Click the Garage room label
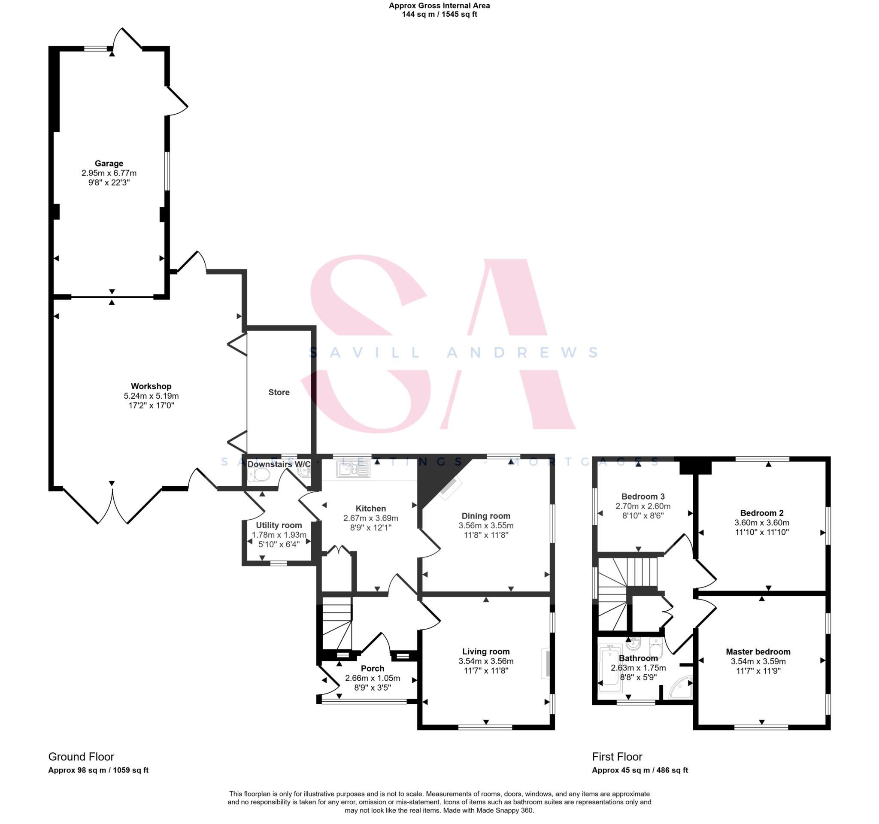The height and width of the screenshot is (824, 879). [109, 163]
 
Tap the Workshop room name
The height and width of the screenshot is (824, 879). [151, 386]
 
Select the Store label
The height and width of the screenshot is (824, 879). [279, 392]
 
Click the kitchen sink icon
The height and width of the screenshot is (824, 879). [353, 469]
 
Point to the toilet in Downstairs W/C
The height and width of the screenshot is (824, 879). [260, 475]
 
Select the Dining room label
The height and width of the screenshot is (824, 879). [485, 515]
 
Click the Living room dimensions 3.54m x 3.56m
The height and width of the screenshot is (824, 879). [485, 661]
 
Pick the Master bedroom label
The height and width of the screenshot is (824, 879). [758, 651]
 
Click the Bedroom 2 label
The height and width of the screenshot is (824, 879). [761, 513]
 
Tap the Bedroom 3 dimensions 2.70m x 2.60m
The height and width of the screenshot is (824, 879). [643, 506]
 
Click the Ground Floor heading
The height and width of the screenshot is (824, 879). [81, 756]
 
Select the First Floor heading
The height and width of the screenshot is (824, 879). [617, 756]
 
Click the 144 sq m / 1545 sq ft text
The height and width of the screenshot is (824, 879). [439, 14]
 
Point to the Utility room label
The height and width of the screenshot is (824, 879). [279, 525]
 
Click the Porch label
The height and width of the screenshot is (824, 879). [372, 668]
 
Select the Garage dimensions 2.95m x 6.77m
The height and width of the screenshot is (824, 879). [109, 173]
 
